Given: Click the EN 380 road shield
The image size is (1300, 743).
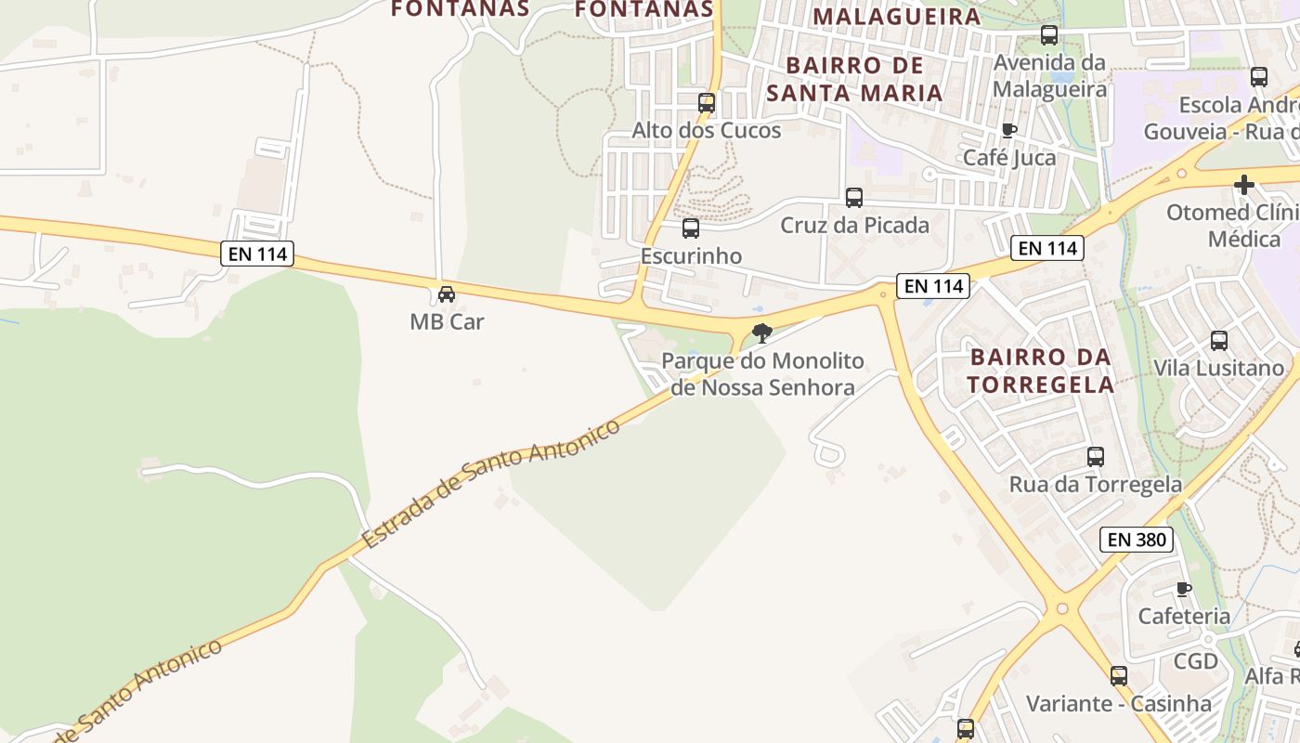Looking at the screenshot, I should tap(1137, 539).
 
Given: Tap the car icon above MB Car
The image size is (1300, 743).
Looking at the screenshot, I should tap(447, 294).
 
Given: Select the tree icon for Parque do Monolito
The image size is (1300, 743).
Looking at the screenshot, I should tap(762, 332).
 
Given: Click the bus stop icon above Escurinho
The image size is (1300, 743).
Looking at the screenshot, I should tap(691, 228).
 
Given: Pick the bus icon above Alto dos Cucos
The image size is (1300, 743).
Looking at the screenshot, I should tap(707, 103).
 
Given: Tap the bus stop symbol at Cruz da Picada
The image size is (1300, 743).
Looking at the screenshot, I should tap(854, 198).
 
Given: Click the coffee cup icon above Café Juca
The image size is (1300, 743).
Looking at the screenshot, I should tap(1009, 130).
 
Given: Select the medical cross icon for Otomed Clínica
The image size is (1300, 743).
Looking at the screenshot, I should tap(1244, 185).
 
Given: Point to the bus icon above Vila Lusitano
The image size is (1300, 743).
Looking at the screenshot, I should tap(1219, 341).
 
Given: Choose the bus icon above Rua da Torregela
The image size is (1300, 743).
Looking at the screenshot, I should tap(1096, 457).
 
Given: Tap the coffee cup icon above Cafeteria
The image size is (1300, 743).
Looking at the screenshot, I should tap(1184, 589).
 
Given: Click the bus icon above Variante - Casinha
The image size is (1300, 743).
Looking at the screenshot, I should tap(1119, 676).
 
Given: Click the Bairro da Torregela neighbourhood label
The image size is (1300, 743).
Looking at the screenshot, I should tap(1041, 371).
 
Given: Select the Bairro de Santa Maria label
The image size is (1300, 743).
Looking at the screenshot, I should tap(855, 79).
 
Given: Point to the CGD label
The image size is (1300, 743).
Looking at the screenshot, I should tap(1195, 661).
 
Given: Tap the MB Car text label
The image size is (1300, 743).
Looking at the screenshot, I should tap(447, 321).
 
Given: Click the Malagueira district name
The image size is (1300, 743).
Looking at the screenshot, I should tap(896, 16).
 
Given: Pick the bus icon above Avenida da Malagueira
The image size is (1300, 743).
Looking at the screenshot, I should tap(1049, 35).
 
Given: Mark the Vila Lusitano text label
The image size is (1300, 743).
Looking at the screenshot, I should tap(1218, 368).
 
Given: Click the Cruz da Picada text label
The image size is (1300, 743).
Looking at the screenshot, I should tap(854, 225).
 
